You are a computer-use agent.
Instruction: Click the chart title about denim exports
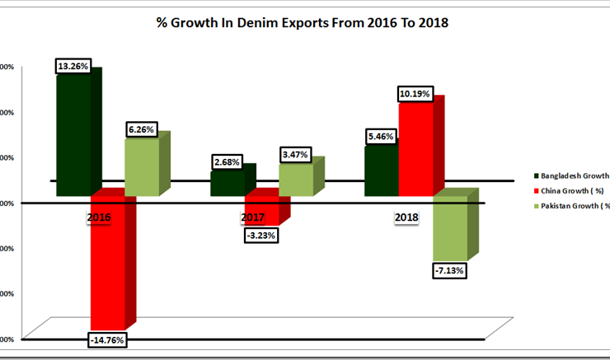point(303,22)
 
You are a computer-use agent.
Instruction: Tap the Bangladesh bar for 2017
point(227,183)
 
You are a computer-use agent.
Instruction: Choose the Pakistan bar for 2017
point(296,180)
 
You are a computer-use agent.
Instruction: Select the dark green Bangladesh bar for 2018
point(381,171)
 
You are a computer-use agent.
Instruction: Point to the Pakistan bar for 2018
point(450,227)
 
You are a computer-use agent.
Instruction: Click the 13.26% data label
point(74,66)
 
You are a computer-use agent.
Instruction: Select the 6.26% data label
point(142,129)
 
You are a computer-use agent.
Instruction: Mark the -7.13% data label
point(451,269)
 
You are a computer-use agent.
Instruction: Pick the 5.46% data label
point(382,136)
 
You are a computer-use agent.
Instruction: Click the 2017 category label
point(253,218)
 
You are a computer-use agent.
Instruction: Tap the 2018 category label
point(406,218)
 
